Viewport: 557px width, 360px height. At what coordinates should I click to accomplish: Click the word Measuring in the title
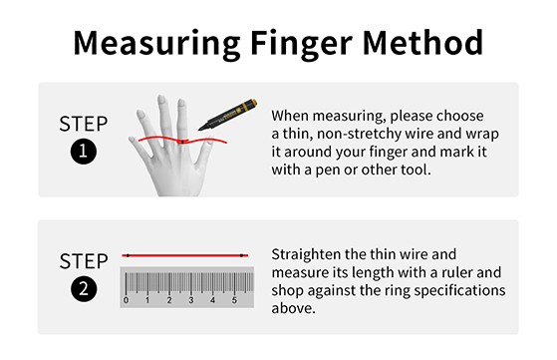(x=157, y=44)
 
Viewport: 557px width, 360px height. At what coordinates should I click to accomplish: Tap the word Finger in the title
(x=301, y=44)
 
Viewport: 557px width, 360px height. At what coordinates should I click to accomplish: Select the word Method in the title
(x=422, y=43)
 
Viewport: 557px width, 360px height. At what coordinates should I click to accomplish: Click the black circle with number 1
(x=84, y=152)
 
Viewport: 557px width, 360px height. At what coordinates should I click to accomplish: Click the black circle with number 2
(x=84, y=288)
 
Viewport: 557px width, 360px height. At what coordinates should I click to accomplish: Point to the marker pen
(x=228, y=115)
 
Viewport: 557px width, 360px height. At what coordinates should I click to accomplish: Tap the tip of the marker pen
(x=199, y=129)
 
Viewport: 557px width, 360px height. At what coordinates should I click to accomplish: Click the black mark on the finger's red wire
(x=182, y=142)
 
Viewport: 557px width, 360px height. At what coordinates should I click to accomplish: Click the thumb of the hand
(x=205, y=151)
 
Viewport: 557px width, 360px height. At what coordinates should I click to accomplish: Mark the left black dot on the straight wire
(x=128, y=255)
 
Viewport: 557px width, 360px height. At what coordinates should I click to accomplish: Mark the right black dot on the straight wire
(x=241, y=255)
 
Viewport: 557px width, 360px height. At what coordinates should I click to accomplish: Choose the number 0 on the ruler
(x=126, y=300)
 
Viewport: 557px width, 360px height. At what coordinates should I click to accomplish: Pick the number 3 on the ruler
(x=191, y=300)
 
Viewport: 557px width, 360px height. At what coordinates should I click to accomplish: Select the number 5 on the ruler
(x=234, y=300)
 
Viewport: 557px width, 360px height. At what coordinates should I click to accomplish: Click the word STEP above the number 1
(x=84, y=124)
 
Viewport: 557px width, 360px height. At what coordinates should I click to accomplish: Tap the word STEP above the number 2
(x=84, y=261)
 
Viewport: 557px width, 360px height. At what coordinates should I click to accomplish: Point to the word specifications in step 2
(x=459, y=291)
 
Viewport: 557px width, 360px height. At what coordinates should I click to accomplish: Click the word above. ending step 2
(x=293, y=308)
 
